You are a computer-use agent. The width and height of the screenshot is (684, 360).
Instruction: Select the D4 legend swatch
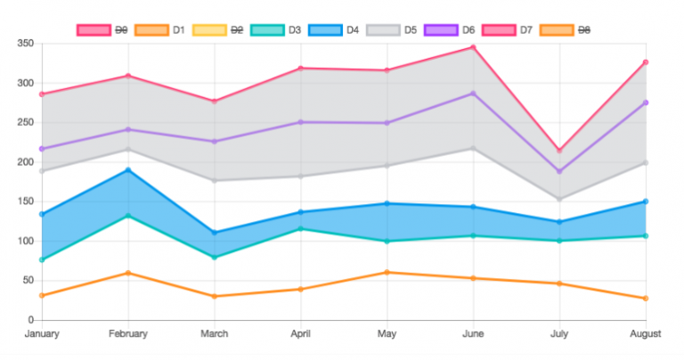[324, 30]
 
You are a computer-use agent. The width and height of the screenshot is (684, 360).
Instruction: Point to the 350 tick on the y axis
[25, 44]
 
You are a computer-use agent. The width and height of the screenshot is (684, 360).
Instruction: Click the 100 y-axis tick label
[25, 241]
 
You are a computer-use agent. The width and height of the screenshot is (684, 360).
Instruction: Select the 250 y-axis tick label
[25, 123]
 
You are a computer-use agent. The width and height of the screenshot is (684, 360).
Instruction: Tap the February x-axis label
[127, 334]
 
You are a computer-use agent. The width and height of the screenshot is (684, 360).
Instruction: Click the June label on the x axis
[473, 334]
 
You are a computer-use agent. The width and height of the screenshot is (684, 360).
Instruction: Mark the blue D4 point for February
[127, 170]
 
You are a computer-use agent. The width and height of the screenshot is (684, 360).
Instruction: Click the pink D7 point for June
[473, 47]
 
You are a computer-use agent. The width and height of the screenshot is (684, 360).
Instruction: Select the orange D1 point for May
[387, 273]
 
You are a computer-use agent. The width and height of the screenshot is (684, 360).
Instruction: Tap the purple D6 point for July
[559, 171]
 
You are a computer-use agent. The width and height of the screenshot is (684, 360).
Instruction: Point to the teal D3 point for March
[214, 258]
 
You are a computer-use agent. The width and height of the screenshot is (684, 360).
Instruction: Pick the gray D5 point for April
[300, 176]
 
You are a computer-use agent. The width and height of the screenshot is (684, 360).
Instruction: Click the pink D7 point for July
[559, 151]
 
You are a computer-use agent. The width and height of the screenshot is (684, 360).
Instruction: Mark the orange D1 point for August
[646, 299]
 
